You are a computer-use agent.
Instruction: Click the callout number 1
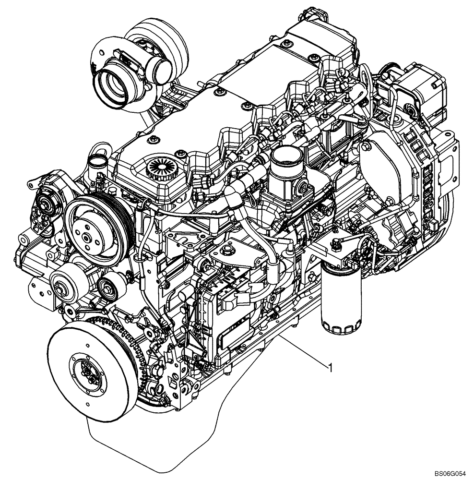point(330,368)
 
